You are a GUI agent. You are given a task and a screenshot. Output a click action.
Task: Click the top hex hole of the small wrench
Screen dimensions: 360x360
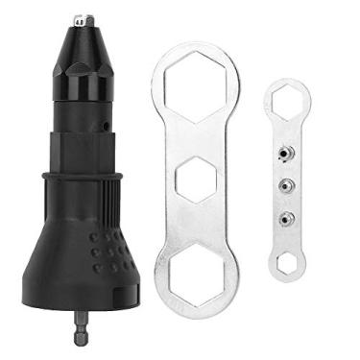point(286,100)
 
